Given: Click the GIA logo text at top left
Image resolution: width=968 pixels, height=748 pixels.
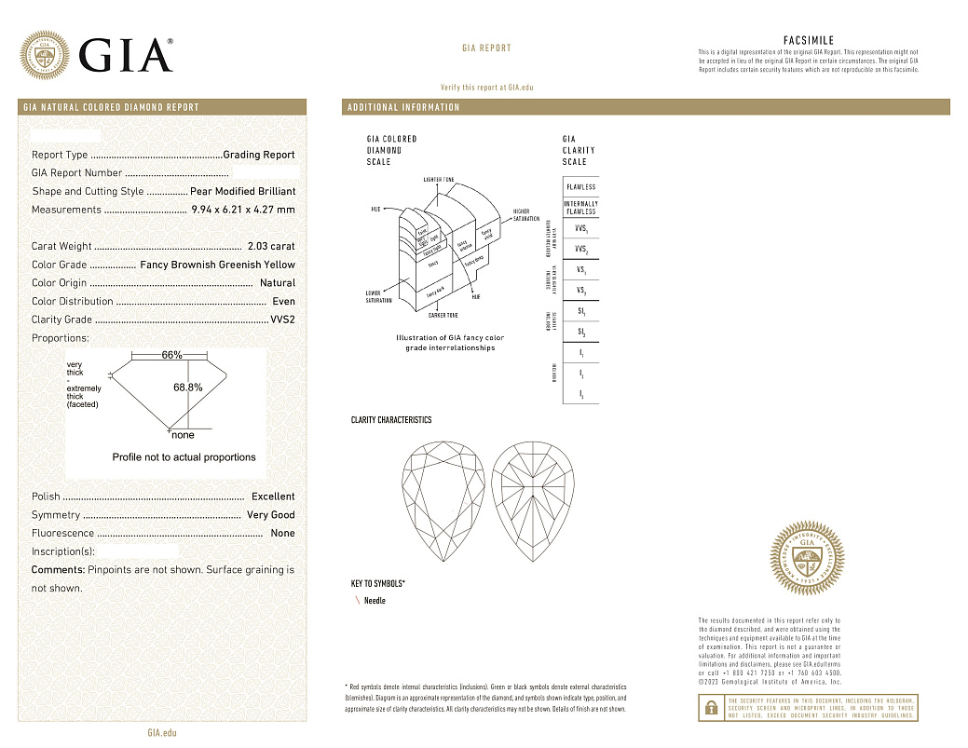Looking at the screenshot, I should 127,55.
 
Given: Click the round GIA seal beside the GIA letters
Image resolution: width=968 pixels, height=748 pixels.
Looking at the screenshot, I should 44,55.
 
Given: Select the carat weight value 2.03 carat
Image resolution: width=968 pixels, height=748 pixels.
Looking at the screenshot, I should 271,246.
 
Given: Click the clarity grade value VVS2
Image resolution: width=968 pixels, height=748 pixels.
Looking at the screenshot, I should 282,320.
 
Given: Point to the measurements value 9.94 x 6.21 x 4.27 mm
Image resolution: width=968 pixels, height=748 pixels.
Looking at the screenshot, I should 242,210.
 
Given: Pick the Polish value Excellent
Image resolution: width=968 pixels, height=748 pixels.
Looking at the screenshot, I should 273,496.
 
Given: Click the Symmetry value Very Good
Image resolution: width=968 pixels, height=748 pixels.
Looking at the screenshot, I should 270,515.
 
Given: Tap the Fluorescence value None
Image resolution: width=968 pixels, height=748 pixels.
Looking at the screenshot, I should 282,533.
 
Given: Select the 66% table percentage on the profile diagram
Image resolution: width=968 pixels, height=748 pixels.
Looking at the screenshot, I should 171,355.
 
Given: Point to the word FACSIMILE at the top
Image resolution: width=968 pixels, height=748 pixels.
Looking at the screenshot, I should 809,41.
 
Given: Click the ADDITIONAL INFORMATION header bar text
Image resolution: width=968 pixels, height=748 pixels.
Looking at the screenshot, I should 403,107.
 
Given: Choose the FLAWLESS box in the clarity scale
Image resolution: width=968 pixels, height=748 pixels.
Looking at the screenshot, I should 580,187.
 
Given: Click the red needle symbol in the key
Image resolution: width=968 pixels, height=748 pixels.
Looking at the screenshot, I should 357,601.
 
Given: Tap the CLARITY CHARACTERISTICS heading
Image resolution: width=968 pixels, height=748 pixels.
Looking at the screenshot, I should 391,420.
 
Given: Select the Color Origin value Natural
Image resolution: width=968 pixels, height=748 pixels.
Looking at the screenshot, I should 278,282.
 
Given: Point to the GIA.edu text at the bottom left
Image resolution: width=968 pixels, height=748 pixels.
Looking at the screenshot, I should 162,732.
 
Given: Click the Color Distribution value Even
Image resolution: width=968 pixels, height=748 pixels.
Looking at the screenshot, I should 283,301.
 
